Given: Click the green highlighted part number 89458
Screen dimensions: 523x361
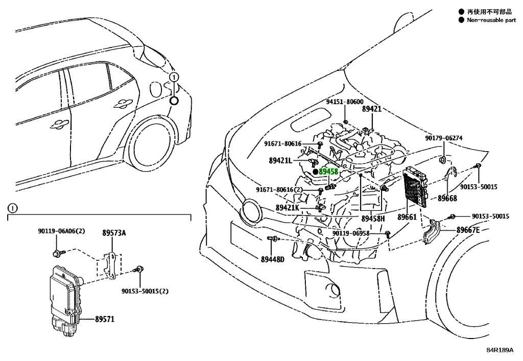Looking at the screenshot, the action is (328, 172).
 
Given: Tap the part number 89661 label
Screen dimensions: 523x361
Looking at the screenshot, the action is (407, 217).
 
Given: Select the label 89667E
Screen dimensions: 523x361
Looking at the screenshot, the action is (468, 230).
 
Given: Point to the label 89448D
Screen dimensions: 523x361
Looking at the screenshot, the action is (273, 259).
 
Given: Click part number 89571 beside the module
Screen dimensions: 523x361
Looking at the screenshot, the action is (105, 319).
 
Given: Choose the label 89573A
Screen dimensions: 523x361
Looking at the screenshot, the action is (114, 233).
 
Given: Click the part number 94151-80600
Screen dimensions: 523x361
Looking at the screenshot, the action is (345, 102).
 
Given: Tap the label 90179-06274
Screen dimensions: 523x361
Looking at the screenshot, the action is (444, 138).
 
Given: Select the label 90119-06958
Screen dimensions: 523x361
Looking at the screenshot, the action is (351, 233).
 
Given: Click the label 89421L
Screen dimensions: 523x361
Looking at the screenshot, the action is (280, 161).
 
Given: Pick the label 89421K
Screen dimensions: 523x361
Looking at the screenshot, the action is (288, 208).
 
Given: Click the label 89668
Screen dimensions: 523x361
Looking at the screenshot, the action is (447, 198).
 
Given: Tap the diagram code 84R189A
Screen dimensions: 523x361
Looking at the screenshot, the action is (500, 350).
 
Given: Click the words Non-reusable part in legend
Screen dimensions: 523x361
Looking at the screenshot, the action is (491, 20).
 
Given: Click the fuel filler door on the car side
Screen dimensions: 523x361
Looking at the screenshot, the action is (155, 89).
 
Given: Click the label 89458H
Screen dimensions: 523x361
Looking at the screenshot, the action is (373, 219).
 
